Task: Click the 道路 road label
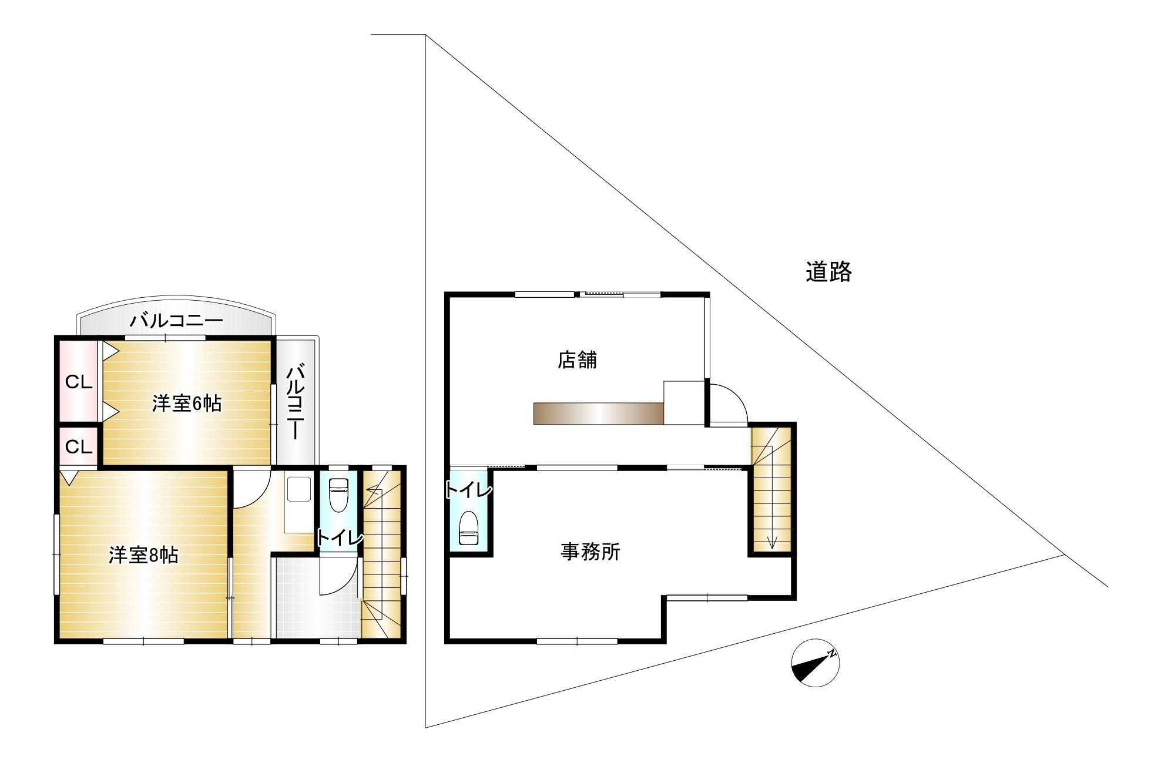click(x=828, y=272)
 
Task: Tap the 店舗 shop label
click(x=578, y=359)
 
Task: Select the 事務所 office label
click(x=590, y=552)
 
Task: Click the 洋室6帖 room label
click(x=187, y=404)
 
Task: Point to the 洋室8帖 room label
click(x=143, y=556)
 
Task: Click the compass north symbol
click(x=816, y=662)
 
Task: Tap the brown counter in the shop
click(x=598, y=413)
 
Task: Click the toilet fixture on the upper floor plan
click(x=338, y=495)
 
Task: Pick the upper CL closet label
click(x=79, y=382)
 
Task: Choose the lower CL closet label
click(x=79, y=448)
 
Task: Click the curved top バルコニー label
click(x=176, y=321)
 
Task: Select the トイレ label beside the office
click(x=468, y=489)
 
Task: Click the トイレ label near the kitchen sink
click(x=340, y=537)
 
